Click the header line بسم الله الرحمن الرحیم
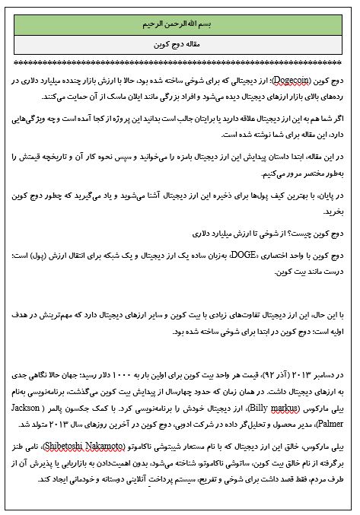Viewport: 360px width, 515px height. tap(180, 24)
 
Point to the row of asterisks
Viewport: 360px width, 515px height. tap(180, 62)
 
